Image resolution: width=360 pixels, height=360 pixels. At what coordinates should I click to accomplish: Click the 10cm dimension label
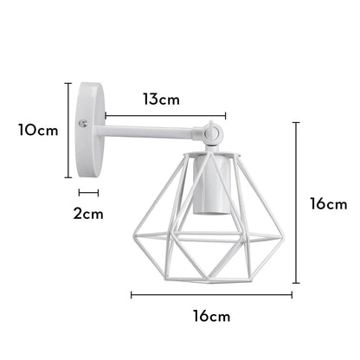tap(38, 131)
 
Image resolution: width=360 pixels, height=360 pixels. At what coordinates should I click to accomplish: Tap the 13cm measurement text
tap(161, 99)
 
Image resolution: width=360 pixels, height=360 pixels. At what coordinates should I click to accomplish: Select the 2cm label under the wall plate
tap(87, 212)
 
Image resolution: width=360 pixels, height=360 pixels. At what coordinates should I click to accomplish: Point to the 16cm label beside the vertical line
tap(329, 204)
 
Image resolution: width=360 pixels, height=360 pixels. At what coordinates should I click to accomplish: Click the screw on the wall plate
tap(81, 125)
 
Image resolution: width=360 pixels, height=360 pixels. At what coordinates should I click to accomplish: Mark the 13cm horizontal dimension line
tap(165, 113)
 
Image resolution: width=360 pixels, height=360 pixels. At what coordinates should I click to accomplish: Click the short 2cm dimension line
tap(88, 193)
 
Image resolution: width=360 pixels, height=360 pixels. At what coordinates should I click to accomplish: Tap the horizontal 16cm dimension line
tap(212, 295)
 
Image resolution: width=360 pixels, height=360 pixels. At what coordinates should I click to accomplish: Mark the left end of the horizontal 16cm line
tap(132, 295)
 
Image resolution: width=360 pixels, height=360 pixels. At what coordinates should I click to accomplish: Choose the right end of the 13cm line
tap(226, 113)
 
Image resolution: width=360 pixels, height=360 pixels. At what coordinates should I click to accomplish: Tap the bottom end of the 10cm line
tap(68, 177)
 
